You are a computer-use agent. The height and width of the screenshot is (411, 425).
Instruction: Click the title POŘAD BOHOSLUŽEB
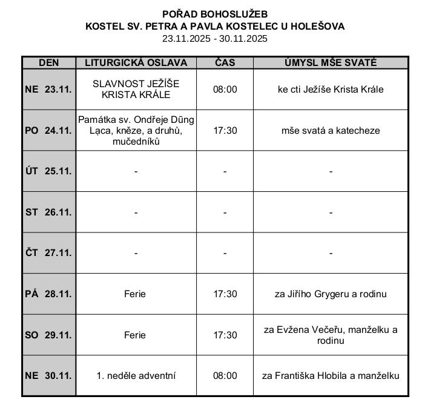pyautogui.click(x=215, y=14)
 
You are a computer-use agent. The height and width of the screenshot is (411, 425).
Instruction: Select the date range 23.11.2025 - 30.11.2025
pyautogui.click(x=215, y=38)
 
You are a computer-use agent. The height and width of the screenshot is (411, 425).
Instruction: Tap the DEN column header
pyautogui.click(x=48, y=62)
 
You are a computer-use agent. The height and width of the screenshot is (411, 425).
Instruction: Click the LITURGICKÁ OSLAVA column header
pyautogui.click(x=136, y=62)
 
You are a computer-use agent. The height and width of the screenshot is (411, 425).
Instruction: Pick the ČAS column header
pyautogui.click(x=225, y=62)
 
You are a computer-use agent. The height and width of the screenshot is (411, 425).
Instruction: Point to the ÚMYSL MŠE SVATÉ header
pyautogui.click(x=331, y=62)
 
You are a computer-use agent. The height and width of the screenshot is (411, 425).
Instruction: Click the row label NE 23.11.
pyautogui.click(x=48, y=89)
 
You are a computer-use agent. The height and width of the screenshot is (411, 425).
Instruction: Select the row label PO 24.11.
pyautogui.click(x=48, y=130)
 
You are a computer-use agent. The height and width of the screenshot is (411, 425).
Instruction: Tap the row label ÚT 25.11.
pyautogui.click(x=48, y=171)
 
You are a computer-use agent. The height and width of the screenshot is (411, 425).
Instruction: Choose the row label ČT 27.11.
pyautogui.click(x=48, y=253)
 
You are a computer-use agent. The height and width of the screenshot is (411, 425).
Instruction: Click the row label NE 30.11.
pyautogui.click(x=48, y=375)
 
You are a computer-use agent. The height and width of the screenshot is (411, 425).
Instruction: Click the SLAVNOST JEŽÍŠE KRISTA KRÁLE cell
pyautogui.click(x=136, y=89)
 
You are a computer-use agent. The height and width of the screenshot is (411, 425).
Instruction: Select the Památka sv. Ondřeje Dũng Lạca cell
pyautogui.click(x=136, y=130)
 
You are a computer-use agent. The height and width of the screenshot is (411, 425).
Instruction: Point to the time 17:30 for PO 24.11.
pyautogui.click(x=225, y=130)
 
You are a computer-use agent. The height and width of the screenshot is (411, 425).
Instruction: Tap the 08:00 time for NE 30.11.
pyautogui.click(x=225, y=375)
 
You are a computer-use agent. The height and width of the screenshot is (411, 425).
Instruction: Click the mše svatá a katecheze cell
pyautogui.click(x=331, y=130)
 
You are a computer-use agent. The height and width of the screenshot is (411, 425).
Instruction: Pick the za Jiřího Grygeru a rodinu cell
pyautogui.click(x=331, y=294)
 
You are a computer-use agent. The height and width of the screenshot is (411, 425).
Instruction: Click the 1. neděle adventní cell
pyautogui.click(x=136, y=375)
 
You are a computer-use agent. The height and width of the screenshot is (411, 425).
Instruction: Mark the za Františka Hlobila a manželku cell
pyautogui.click(x=331, y=375)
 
